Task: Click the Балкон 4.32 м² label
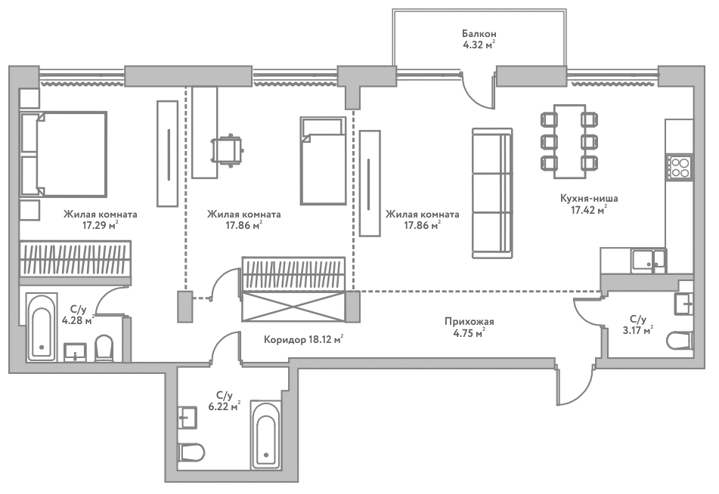tap(479, 39)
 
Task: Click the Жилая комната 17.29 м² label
tap(95, 219)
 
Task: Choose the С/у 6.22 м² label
tap(225, 400)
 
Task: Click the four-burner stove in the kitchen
tap(680, 166)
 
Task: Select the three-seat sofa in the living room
tap(491, 193)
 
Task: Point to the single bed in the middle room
tap(323, 161)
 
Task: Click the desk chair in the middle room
tap(227, 150)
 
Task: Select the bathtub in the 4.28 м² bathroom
tap(42, 327)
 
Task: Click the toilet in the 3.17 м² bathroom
tap(680, 341)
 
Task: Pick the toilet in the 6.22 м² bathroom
tap(191, 452)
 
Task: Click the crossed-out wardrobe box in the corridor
tap(293, 307)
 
